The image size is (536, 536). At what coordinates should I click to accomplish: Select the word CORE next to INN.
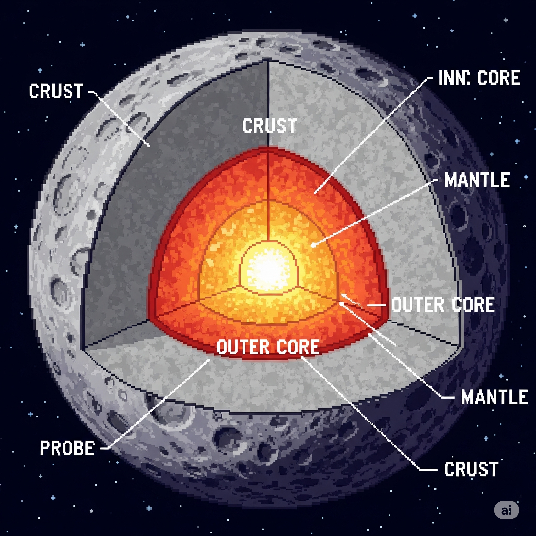click(x=499, y=78)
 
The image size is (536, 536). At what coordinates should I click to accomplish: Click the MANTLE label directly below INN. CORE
click(x=477, y=180)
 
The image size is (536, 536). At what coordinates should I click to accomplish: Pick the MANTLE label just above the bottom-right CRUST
click(x=494, y=397)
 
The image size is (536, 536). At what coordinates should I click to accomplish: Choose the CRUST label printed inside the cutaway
click(x=269, y=125)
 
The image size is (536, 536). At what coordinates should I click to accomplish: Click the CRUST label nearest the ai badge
click(x=471, y=469)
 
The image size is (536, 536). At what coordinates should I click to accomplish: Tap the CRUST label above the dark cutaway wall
click(x=56, y=91)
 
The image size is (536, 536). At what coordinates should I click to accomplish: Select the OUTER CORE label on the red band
click(x=268, y=347)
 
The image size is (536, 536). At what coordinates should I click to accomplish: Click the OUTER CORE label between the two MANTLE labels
click(x=443, y=305)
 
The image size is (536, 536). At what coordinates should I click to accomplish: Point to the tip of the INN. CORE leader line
click(x=315, y=192)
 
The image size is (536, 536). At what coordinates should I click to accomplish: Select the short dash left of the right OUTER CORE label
click(x=376, y=305)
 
